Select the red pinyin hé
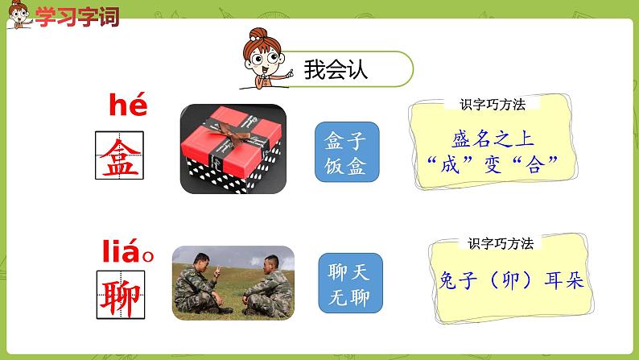click(128, 106)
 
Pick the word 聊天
click(349, 271)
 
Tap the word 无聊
click(349, 296)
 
